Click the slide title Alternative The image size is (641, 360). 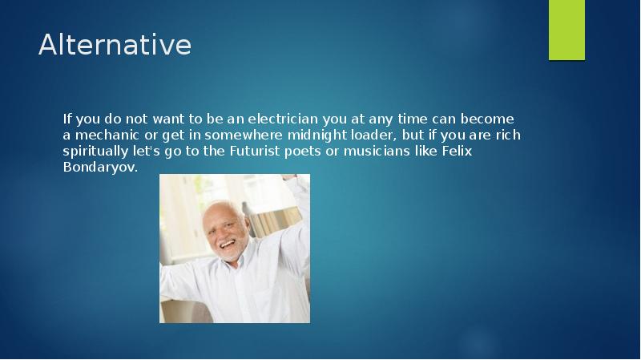[x=115, y=45]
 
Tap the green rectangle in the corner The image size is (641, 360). [x=566, y=30]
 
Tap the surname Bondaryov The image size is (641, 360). [x=100, y=168]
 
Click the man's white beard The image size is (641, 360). [x=230, y=254]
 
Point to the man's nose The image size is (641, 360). [x=225, y=233]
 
